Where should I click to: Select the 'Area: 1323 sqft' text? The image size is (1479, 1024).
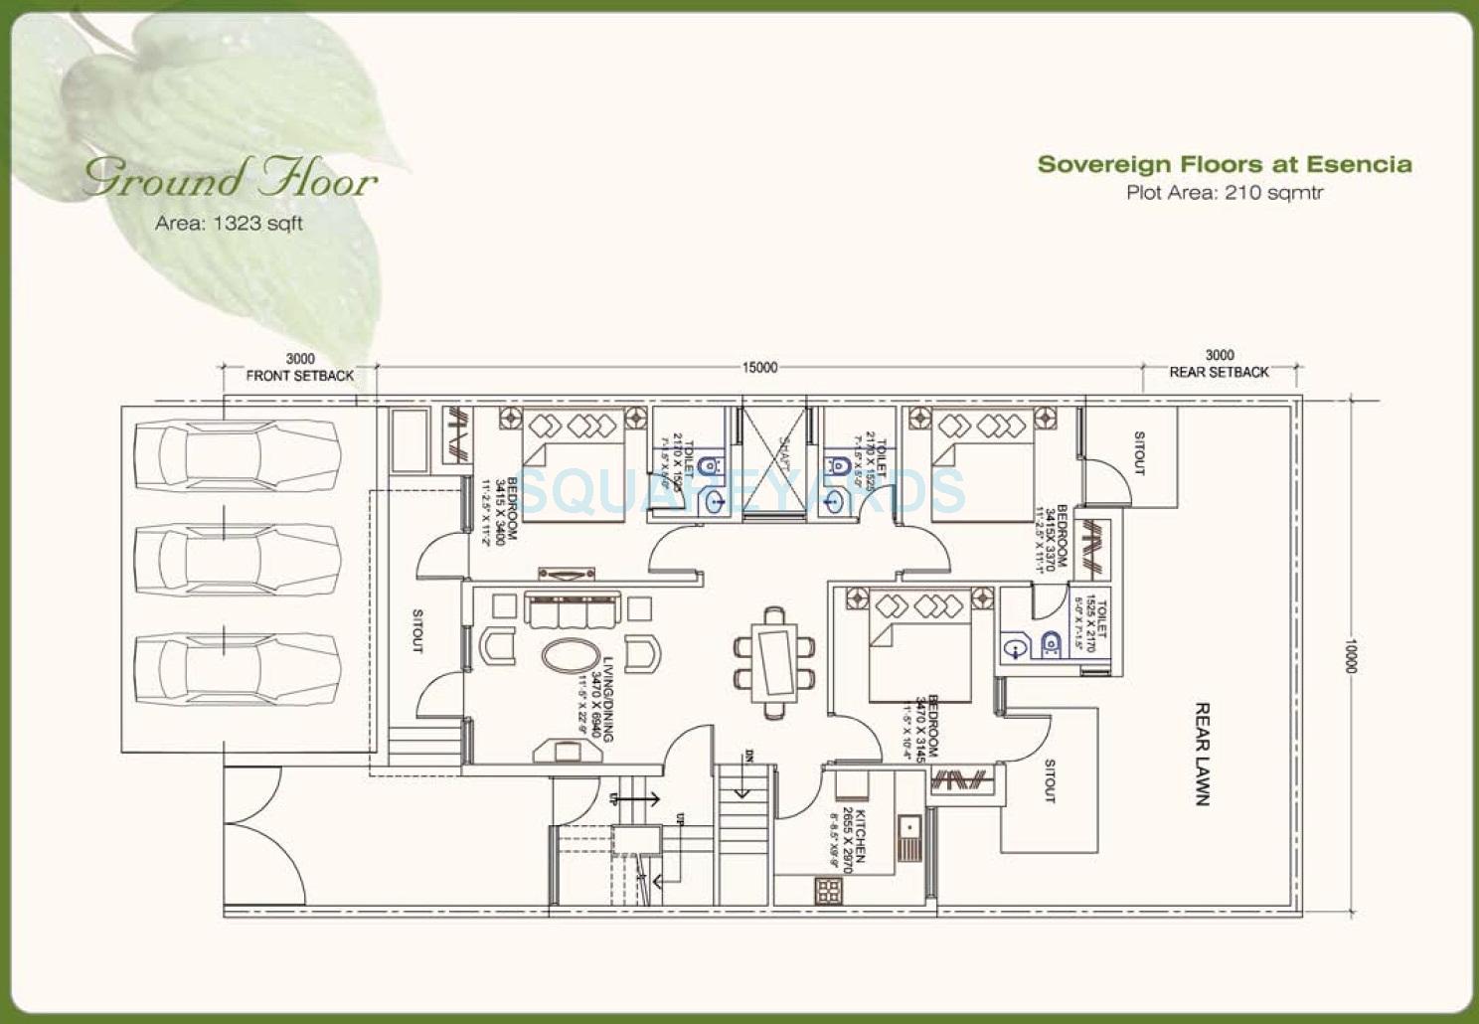pyautogui.click(x=229, y=224)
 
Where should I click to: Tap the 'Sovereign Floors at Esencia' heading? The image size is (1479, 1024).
pyautogui.click(x=1224, y=164)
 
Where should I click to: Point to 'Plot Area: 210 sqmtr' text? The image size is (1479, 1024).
pyautogui.click(x=1224, y=193)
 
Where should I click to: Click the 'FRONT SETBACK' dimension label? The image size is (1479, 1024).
pyautogui.click(x=300, y=376)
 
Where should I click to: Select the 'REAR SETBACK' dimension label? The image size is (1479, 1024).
pyautogui.click(x=1219, y=372)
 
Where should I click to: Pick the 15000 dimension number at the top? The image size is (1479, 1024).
pyautogui.click(x=759, y=368)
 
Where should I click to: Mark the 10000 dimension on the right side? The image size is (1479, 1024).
pyautogui.click(x=1350, y=655)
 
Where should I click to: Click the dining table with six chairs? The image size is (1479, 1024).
pyautogui.click(x=775, y=661)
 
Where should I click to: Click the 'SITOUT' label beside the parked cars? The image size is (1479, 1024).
pyautogui.click(x=417, y=630)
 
